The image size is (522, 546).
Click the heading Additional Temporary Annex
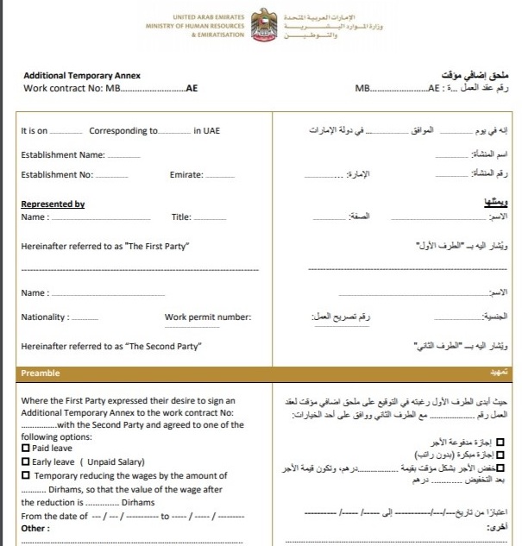click(x=82, y=76)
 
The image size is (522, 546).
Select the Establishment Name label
click(x=63, y=155)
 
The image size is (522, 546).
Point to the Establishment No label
click(x=56, y=175)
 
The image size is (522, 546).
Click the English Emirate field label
click(x=186, y=175)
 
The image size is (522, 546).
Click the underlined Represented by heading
click(x=53, y=204)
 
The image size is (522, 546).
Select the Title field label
click(x=181, y=217)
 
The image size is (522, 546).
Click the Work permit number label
click(x=208, y=317)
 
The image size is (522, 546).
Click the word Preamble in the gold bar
click(x=40, y=373)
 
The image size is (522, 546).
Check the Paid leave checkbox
click(x=25, y=449)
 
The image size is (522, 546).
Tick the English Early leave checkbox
click(x=25, y=461)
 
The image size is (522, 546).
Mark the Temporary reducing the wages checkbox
click(x=25, y=475)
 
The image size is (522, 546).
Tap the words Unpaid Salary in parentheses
click(x=112, y=461)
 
